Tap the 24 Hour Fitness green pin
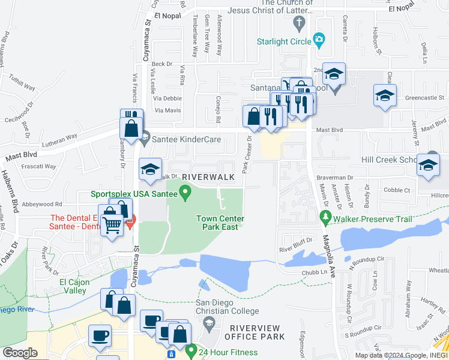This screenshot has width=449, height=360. (191, 349)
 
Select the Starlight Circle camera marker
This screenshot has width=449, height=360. (319, 40)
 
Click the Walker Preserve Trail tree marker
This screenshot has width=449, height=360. (326, 215)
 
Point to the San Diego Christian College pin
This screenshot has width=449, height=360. (209, 325)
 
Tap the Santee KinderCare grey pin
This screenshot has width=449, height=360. (144, 139)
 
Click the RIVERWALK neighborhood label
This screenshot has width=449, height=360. (208, 177)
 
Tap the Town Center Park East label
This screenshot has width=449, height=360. (217, 223)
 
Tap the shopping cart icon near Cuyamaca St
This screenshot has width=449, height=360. (112, 226)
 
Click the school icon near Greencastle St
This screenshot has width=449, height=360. (385, 95)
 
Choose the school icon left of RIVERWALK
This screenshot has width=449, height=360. (150, 169)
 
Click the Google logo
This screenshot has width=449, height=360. (20, 353)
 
